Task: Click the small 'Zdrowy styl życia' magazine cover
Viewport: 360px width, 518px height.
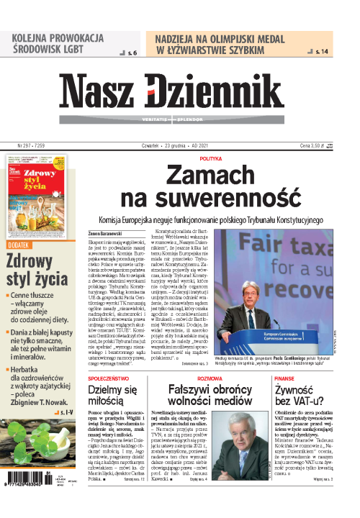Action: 42,188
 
